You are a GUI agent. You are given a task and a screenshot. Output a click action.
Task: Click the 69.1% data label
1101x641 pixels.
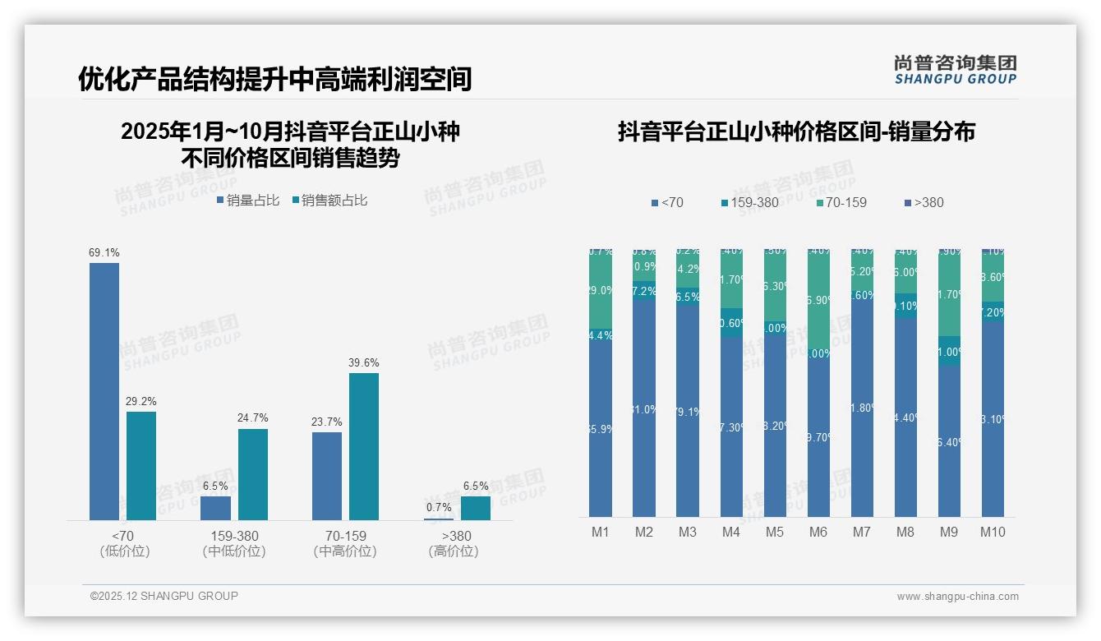click(x=104, y=253)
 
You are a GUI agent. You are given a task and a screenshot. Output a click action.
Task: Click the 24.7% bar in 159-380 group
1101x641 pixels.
click(x=253, y=474)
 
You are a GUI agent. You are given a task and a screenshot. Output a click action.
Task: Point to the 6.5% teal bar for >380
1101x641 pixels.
click(x=476, y=508)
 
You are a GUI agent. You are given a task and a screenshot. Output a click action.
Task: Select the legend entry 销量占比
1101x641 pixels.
click(x=248, y=200)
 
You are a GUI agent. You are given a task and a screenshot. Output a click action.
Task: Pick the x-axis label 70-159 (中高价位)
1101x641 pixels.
click(x=345, y=543)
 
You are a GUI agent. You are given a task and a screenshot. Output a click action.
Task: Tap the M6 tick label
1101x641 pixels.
click(x=818, y=532)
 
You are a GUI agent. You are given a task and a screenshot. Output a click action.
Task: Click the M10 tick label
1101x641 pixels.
click(x=993, y=532)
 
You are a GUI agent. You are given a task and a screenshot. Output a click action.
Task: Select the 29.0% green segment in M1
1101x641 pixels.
click(x=601, y=290)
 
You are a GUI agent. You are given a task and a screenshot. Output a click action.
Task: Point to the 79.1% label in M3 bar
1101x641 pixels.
click(x=688, y=412)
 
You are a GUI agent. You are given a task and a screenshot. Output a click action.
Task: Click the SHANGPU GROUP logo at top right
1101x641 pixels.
click(x=955, y=70)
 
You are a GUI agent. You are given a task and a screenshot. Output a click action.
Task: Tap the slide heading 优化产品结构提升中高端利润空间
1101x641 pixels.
click(x=274, y=79)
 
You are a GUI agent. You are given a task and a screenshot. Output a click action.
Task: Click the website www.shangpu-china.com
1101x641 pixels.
click(x=957, y=597)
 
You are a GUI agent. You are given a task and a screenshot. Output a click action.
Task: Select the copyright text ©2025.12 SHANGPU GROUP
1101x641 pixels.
click(x=164, y=596)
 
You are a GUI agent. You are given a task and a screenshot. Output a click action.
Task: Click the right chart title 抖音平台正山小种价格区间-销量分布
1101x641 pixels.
click(x=796, y=131)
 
